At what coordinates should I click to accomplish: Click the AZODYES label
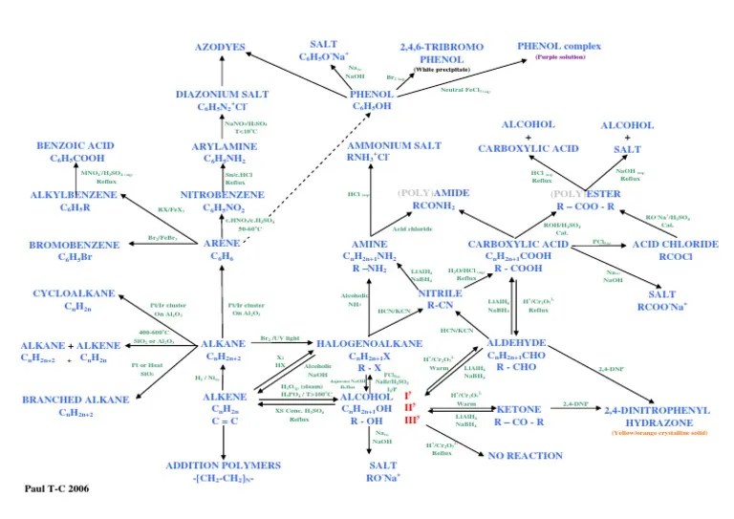click(223, 47)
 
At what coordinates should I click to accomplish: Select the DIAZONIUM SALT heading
click(222, 94)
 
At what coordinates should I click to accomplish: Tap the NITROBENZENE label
click(222, 194)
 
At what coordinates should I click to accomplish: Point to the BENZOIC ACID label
click(76, 145)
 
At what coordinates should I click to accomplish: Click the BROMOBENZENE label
click(75, 245)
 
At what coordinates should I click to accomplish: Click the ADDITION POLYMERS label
click(224, 465)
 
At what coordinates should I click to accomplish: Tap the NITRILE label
click(440, 292)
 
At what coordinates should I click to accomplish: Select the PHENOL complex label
click(560, 46)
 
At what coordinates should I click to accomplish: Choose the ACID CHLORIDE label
click(676, 245)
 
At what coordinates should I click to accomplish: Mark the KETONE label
click(520, 409)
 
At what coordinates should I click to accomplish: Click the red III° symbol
click(412, 420)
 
